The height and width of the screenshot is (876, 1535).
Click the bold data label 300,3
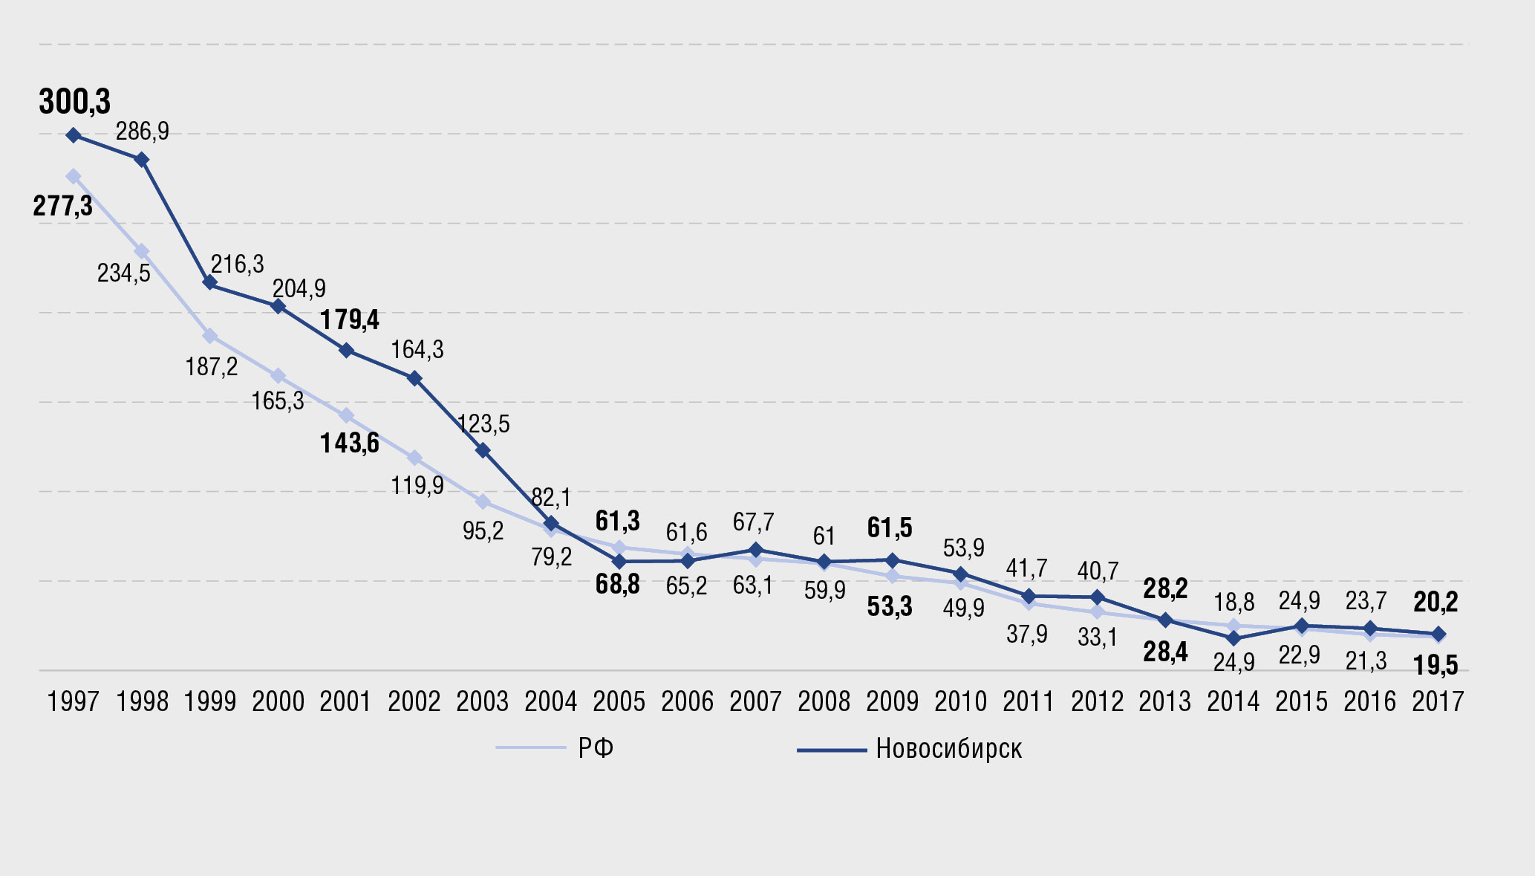74,102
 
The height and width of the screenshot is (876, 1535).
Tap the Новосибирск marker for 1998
141,160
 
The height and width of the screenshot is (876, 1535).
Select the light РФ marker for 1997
74,176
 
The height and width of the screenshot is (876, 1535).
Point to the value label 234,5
123,273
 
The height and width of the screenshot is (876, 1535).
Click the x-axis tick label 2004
550,701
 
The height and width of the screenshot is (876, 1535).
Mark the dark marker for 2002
414,378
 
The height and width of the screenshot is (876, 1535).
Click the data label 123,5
483,424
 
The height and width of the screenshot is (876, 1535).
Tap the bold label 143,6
349,444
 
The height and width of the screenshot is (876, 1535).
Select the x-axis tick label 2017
1438,701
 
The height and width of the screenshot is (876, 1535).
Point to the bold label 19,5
1435,666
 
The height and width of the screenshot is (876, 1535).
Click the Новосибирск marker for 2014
1233,638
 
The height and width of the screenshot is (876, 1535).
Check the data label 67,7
753,522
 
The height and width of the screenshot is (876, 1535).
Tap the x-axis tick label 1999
209,701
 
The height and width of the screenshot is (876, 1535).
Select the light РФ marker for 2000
278,376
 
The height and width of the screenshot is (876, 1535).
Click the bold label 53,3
890,607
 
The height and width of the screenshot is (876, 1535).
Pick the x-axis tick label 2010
960,701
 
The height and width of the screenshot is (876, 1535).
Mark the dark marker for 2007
755,550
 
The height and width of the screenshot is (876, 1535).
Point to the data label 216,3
237,265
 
